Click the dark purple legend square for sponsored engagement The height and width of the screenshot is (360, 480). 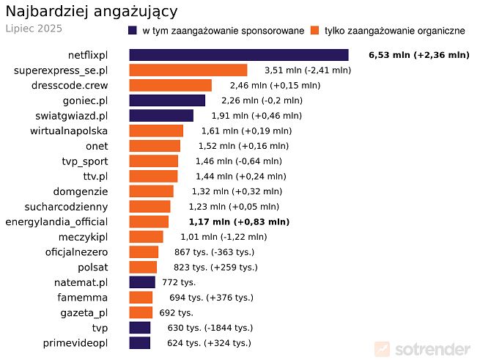pos(132,30)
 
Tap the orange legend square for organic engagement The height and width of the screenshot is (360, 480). pos(315,30)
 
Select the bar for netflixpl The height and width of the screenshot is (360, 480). pos(238,55)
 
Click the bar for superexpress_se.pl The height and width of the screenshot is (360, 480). pos(188,70)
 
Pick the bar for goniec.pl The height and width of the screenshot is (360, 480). pos(167,100)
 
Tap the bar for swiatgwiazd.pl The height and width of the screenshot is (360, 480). pos(161,116)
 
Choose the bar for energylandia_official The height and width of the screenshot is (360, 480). pos(149,221)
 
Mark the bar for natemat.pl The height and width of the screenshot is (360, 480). pos(142,282)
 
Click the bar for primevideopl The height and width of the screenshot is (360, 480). pos(139,343)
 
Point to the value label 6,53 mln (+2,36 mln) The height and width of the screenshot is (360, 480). pos(418,55)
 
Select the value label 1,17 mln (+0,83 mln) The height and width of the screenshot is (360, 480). pos(238,221)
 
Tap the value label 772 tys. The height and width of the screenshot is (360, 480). pos(179,282)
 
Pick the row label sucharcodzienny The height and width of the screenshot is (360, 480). pos(66,207)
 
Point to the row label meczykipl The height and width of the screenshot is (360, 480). pos(82,237)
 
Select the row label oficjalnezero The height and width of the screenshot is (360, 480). pos(76,252)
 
